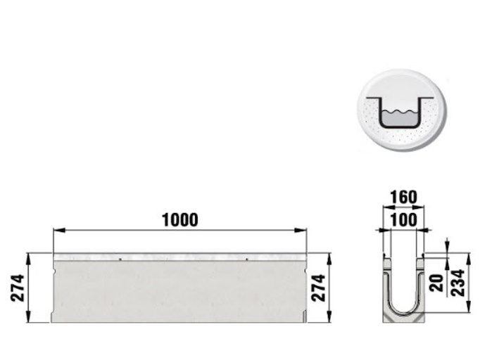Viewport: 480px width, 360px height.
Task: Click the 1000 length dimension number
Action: click(180, 220)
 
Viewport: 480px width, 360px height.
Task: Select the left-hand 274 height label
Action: click(18, 288)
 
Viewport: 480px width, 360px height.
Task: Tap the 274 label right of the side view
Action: click(318, 288)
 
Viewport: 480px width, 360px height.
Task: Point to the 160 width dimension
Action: click(404, 198)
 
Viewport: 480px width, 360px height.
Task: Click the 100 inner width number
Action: click(404, 220)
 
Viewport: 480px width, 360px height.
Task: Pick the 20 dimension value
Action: click(436, 283)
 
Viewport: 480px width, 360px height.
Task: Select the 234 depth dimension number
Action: click(458, 283)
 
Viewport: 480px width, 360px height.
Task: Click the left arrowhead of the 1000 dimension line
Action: click(59, 230)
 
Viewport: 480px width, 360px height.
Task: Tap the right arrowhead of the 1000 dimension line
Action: click(301, 230)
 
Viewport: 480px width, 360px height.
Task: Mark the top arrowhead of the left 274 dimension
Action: click(28, 259)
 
